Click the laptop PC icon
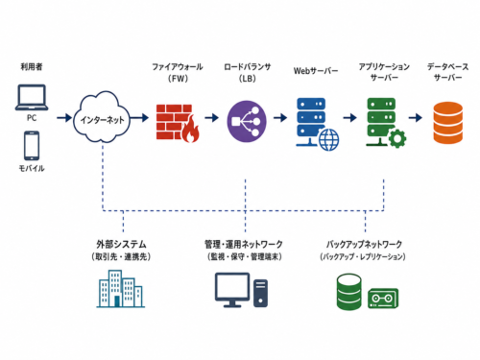point(32,97)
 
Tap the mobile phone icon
point(32,146)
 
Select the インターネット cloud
point(102,117)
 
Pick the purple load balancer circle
point(247,121)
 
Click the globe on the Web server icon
point(328,139)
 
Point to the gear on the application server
point(397,138)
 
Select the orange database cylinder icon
point(447,123)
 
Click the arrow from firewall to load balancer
point(211,117)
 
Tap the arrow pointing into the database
point(416,117)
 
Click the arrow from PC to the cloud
point(64,117)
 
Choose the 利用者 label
point(32,66)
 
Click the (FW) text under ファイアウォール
point(178,79)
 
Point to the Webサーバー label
point(316,71)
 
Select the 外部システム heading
point(121,244)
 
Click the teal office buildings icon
point(121,289)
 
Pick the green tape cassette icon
point(383,299)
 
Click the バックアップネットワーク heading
point(364,244)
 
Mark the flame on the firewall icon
point(191,130)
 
